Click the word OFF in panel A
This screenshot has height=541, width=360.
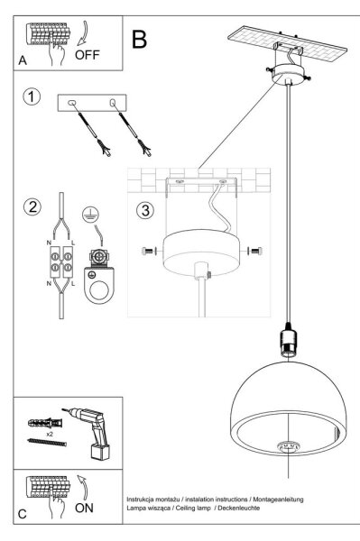pyautogui.click(x=87, y=55)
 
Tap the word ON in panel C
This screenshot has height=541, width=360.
pyautogui.click(x=84, y=508)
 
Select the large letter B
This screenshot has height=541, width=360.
pyautogui.click(x=139, y=40)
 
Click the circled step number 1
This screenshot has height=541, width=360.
pyautogui.click(x=32, y=96)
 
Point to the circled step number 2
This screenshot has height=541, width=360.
pyautogui.click(x=32, y=207)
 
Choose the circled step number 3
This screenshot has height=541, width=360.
pyautogui.click(x=145, y=210)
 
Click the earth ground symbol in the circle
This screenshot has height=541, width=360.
pyautogui.click(x=89, y=215)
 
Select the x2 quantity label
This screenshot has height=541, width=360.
pyautogui.click(x=50, y=435)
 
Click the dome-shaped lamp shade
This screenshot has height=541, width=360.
pyautogui.click(x=288, y=408)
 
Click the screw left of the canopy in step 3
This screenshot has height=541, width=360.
pyautogui.click(x=148, y=251)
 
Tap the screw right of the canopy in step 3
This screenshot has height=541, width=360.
pyautogui.click(x=254, y=251)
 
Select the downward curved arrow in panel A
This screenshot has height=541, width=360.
pyautogui.click(x=83, y=33)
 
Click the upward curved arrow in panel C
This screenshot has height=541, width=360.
pyautogui.click(x=83, y=487)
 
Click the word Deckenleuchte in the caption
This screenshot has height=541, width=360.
pyautogui.click(x=239, y=508)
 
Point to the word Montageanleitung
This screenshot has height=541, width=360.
pyautogui.click(x=278, y=500)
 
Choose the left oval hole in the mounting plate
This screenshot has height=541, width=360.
pyautogui.click(x=71, y=103)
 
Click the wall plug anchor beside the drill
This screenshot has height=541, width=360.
pyautogui.click(x=45, y=423)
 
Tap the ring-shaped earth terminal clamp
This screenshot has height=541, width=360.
pyautogui.click(x=99, y=286)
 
